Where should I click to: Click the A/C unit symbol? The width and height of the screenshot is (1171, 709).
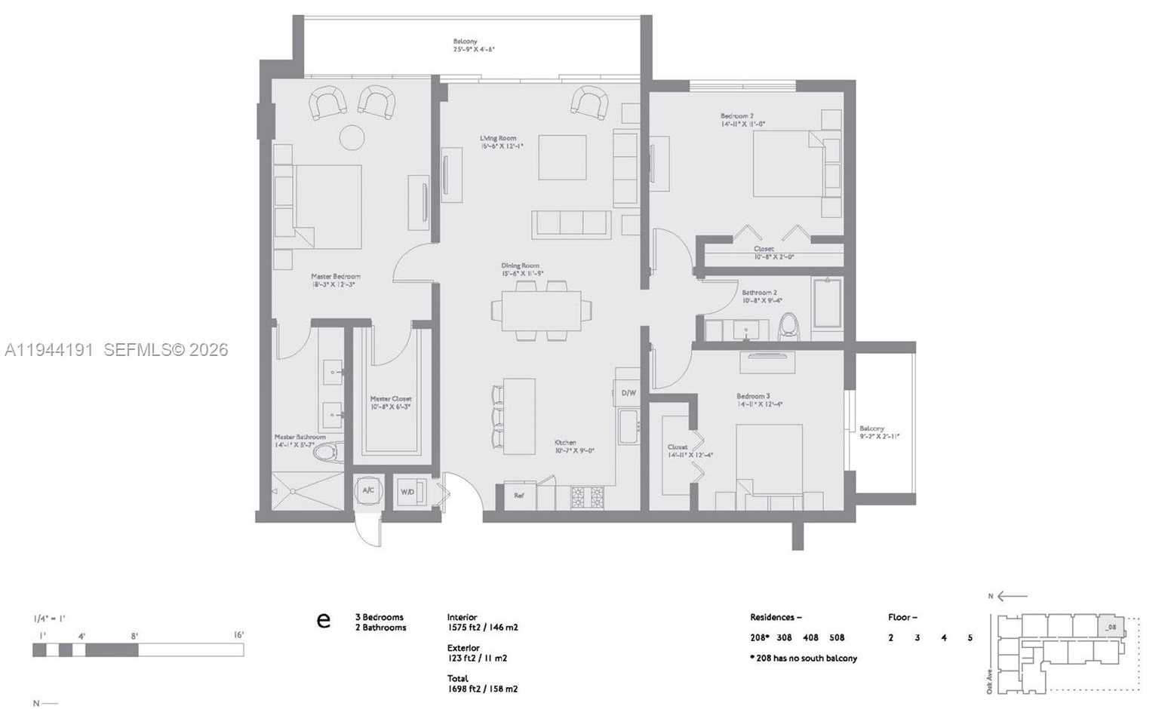368,490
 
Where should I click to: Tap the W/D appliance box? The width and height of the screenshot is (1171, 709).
408,492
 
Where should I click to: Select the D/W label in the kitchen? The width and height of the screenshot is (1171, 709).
629,393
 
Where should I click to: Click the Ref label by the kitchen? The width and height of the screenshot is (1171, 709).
519,496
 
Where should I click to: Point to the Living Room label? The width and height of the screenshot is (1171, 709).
498,139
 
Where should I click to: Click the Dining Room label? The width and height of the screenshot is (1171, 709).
520,266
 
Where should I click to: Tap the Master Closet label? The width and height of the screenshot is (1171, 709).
390,399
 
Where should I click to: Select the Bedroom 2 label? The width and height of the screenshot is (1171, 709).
737,116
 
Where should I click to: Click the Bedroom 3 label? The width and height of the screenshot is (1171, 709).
753,396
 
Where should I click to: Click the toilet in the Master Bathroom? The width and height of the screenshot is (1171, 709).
327,452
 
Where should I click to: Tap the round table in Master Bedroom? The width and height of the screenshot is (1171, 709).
352,137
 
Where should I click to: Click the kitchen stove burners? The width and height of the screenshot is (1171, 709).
588,496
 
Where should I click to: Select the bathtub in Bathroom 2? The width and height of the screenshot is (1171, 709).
827,303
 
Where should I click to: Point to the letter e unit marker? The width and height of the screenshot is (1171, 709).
323,621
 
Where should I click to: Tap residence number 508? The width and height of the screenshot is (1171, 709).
836,637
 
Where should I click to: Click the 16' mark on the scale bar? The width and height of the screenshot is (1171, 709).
238,635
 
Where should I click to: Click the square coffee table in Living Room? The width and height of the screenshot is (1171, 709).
562,157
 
